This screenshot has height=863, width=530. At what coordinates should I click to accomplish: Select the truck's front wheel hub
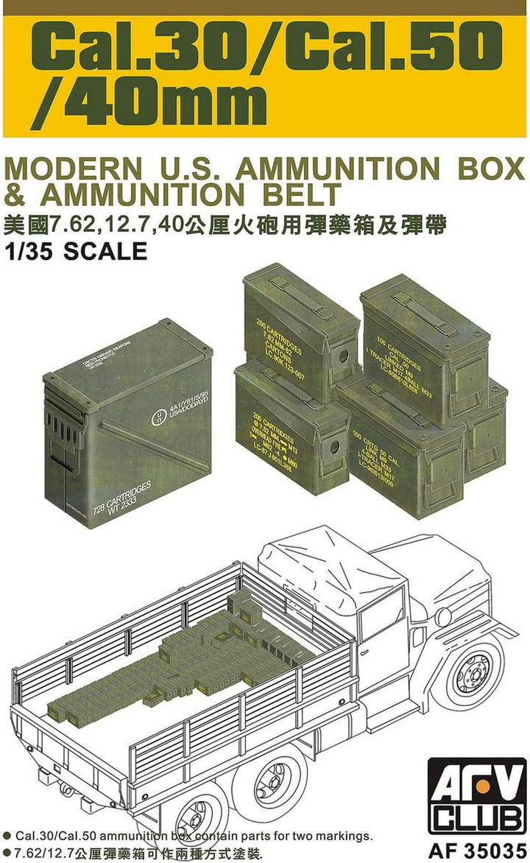(467, 674)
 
